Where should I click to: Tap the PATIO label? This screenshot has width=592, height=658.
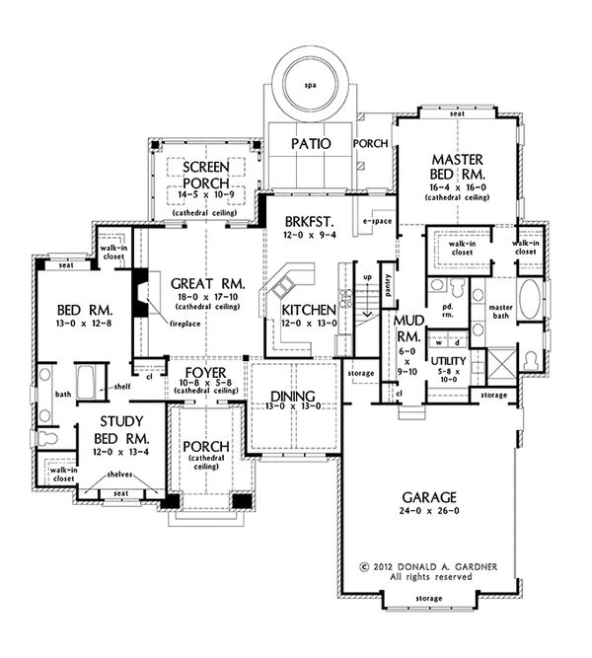312,144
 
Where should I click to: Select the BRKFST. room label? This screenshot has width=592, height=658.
307,221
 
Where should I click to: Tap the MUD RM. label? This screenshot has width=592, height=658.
408,329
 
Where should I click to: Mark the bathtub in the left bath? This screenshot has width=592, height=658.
84,381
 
